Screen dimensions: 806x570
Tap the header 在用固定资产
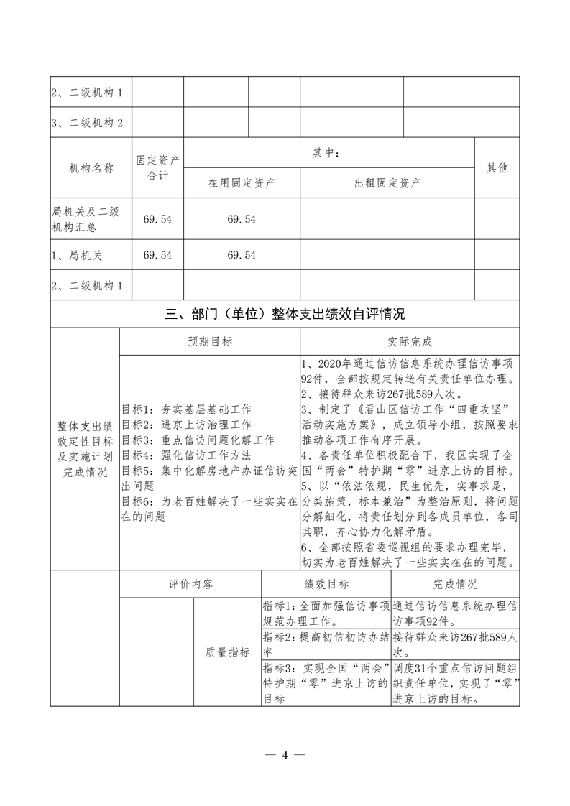click(242, 182)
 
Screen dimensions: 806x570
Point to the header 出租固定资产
click(387, 182)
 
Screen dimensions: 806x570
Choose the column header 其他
click(497, 167)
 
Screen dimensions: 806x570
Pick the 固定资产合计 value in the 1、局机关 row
click(158, 254)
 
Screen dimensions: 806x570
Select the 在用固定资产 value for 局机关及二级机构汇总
click(242, 219)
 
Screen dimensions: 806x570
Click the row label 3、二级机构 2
click(87, 123)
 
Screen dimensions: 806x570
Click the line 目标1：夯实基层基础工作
click(186, 409)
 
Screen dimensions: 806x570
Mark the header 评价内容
click(190, 583)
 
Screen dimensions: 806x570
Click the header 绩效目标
click(326, 583)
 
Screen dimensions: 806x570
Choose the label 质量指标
click(227, 652)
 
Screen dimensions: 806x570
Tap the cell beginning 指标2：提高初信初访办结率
click(326, 645)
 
